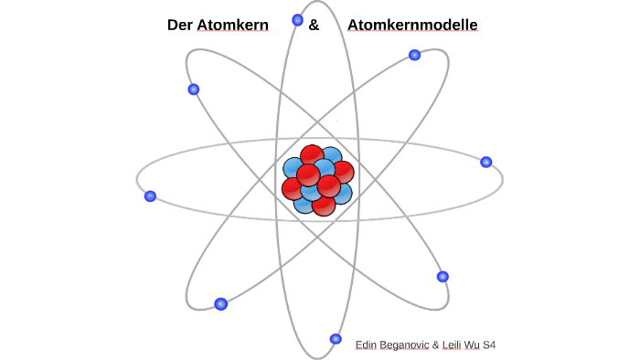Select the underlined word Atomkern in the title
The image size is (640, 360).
(x=232, y=26)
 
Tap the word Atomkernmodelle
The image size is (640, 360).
(x=412, y=26)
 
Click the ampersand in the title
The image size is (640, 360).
(x=314, y=26)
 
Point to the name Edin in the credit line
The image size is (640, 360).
(x=367, y=344)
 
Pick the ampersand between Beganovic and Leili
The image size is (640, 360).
(x=435, y=344)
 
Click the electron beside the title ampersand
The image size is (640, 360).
(x=297, y=19)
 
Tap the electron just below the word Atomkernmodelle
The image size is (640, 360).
(x=414, y=55)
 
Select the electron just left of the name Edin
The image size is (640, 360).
(x=336, y=339)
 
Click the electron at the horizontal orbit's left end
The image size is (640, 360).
(x=150, y=196)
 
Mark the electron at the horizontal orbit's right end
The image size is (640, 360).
(x=486, y=162)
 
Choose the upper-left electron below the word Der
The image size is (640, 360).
(x=193, y=89)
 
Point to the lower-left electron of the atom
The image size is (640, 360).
(x=220, y=304)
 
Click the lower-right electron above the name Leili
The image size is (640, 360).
(x=443, y=276)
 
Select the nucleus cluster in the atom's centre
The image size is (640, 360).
(x=317, y=180)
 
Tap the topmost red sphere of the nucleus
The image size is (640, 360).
(x=312, y=155)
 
